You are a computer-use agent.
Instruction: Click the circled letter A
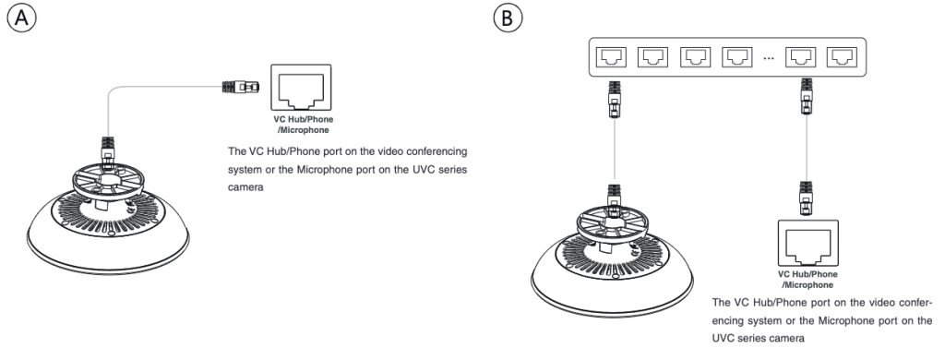pos(22,18)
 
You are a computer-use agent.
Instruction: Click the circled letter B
pos(508,18)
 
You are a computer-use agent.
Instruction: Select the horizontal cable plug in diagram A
pos(241,87)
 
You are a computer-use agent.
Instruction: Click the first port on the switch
pos(611,57)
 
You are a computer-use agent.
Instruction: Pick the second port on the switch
pos(652,57)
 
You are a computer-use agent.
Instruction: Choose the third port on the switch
pos(696,57)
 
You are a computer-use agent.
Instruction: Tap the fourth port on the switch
pos(737,57)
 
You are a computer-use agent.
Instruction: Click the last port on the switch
pos(842,57)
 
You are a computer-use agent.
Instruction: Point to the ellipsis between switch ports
pos(769,58)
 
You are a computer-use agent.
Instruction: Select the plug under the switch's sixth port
pos(807,96)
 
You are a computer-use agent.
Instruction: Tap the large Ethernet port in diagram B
pos(808,244)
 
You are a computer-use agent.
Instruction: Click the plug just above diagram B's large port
pos(807,198)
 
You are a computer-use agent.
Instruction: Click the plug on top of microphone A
pos(108,152)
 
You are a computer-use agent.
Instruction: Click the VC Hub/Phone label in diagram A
pos(303,119)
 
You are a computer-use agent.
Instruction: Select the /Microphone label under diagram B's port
pos(807,284)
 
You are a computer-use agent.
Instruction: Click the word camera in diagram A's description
pos(245,187)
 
